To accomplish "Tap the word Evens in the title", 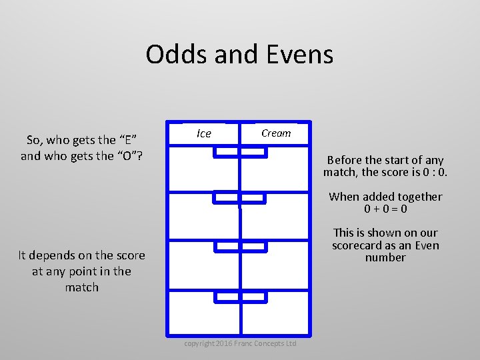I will click(299, 54).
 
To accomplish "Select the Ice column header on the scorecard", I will click(204, 133).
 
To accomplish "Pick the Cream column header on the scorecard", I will click(276, 133).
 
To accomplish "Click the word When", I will click(344, 197).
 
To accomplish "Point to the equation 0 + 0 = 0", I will click(385, 209).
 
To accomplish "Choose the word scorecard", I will click(359, 245).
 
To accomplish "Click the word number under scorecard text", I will click(385, 257).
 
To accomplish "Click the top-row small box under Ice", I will click(225, 153).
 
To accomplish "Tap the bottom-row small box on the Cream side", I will click(253, 297).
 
